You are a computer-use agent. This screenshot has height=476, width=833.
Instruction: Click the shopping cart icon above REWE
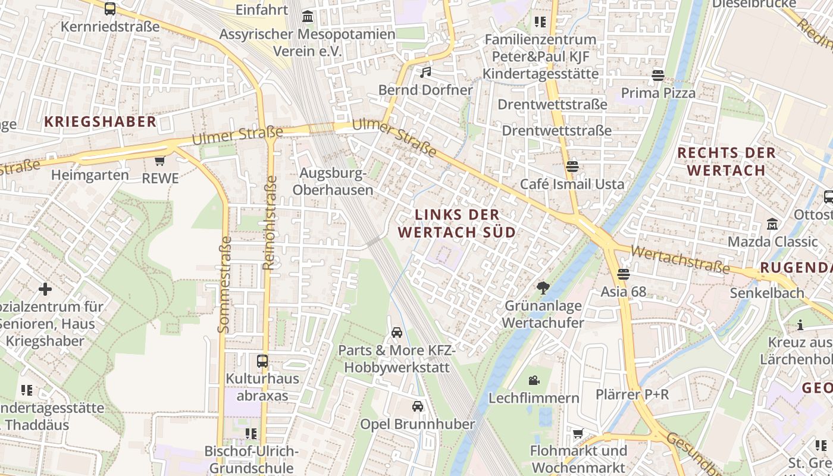click(159, 161)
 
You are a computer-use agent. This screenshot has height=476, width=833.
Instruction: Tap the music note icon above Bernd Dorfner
click(425, 73)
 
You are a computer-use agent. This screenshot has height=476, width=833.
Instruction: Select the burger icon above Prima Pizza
click(657, 76)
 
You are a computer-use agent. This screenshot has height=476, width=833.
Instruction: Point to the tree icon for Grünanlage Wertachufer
click(543, 289)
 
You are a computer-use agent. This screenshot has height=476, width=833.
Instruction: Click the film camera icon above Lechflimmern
click(534, 380)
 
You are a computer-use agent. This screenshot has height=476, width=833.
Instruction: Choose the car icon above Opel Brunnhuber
click(418, 406)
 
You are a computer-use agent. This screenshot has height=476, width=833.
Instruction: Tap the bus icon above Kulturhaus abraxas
click(262, 361)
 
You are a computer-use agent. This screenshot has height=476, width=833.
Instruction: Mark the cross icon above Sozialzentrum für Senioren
click(45, 289)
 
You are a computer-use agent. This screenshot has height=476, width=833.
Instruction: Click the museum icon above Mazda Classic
click(772, 224)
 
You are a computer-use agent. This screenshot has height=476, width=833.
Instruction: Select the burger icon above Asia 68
click(623, 274)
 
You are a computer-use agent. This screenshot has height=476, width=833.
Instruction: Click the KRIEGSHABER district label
click(100, 122)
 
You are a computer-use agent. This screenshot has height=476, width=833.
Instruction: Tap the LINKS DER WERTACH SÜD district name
click(456, 223)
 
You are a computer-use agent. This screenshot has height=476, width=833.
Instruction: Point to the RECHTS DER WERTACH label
click(726, 161)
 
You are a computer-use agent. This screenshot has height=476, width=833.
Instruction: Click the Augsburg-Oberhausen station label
click(333, 181)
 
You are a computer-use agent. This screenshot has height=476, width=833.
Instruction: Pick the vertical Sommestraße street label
click(224, 284)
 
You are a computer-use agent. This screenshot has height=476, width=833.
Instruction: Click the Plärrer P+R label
click(632, 394)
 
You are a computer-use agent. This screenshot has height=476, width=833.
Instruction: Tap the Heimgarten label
click(90, 175)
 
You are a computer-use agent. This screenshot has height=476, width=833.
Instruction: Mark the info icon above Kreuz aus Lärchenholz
click(800, 325)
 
